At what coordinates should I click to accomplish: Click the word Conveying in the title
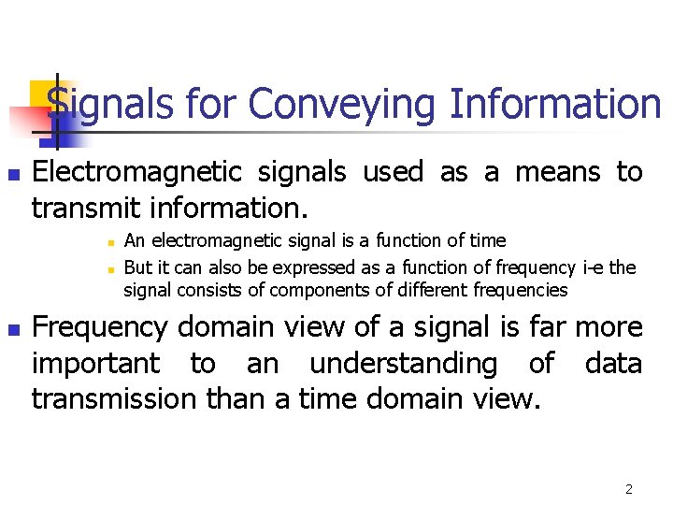(x=342, y=104)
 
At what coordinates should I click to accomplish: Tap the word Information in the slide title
(x=554, y=104)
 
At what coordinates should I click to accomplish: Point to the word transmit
(x=87, y=206)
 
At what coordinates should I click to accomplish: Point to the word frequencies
(x=520, y=290)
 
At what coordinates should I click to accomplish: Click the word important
(x=94, y=364)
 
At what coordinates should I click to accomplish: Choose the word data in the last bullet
(x=613, y=364)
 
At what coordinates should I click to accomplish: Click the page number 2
(x=629, y=489)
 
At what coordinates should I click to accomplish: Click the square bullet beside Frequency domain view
(x=12, y=330)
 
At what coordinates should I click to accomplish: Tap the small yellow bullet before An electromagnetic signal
(x=109, y=243)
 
